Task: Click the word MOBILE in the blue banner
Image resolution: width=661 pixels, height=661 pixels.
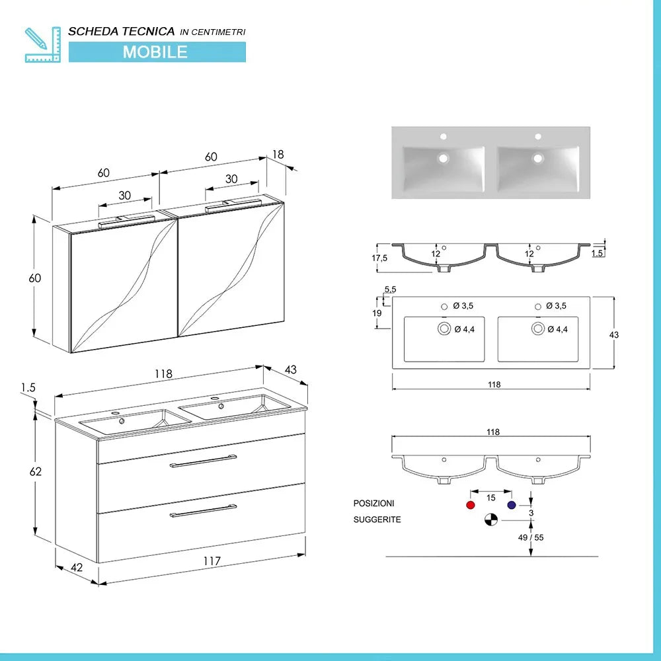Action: pyautogui.click(x=155, y=52)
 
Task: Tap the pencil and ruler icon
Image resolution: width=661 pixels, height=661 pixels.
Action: pyautogui.click(x=42, y=44)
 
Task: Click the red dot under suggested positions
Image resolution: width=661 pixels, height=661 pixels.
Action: pyautogui.click(x=471, y=505)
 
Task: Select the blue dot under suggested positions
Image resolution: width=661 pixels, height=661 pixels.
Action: pyautogui.click(x=512, y=505)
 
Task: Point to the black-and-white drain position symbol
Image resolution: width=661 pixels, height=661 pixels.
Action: pyautogui.click(x=490, y=520)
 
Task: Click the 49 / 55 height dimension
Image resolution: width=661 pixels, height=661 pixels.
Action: pyautogui.click(x=531, y=537)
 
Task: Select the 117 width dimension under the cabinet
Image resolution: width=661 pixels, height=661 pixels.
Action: pyautogui.click(x=212, y=561)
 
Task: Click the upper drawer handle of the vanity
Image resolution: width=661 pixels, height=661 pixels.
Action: pyautogui.click(x=204, y=461)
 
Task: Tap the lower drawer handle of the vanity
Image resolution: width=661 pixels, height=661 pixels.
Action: pyautogui.click(x=203, y=510)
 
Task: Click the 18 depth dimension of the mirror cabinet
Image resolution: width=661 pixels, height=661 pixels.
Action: pyautogui.click(x=278, y=154)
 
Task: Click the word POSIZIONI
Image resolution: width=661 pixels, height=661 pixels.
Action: pyautogui.click(x=374, y=504)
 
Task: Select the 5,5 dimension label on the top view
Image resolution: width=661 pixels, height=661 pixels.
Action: pyautogui.click(x=389, y=290)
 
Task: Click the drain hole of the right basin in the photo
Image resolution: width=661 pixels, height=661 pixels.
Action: pyautogui.click(x=539, y=158)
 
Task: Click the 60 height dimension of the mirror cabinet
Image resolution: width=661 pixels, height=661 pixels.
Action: pyautogui.click(x=34, y=278)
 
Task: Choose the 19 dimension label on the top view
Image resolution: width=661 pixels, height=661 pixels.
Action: pyautogui.click(x=377, y=313)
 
